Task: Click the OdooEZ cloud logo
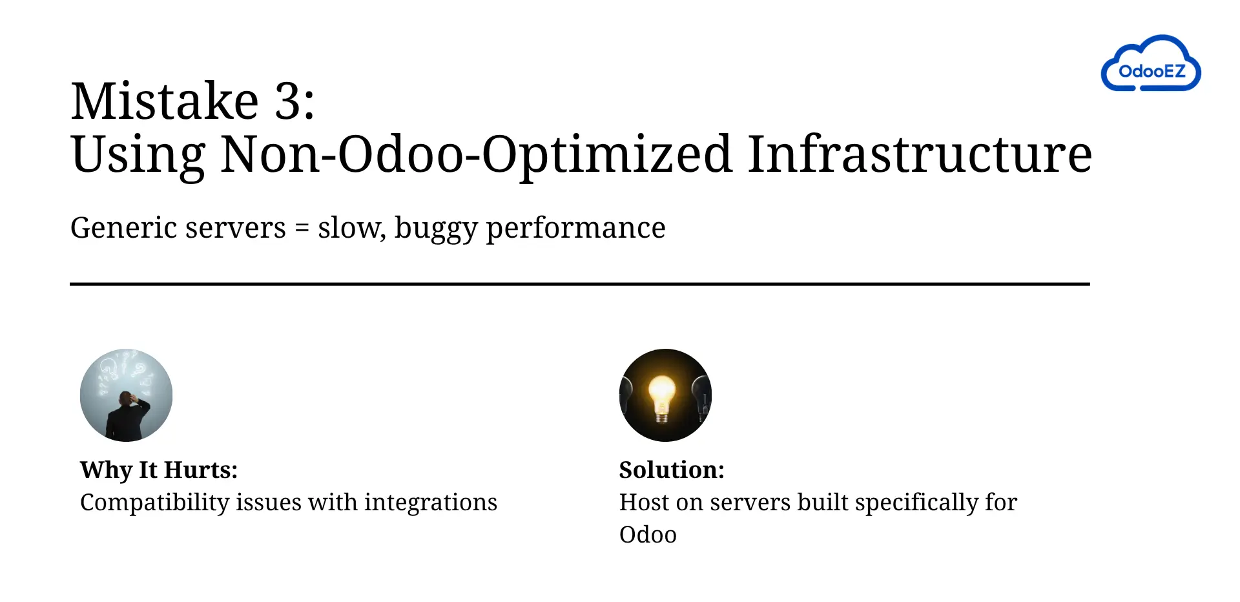1151,63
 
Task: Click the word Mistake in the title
165,101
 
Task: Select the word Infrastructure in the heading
920,154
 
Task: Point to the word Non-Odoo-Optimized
477,156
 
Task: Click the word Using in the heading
138,156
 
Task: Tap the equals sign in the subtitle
302,228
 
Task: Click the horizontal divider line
580,284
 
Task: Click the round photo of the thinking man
126,395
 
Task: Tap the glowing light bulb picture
665,395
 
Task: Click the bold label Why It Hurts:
159,470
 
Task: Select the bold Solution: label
672,470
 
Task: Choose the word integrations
431,503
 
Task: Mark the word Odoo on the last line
648,535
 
